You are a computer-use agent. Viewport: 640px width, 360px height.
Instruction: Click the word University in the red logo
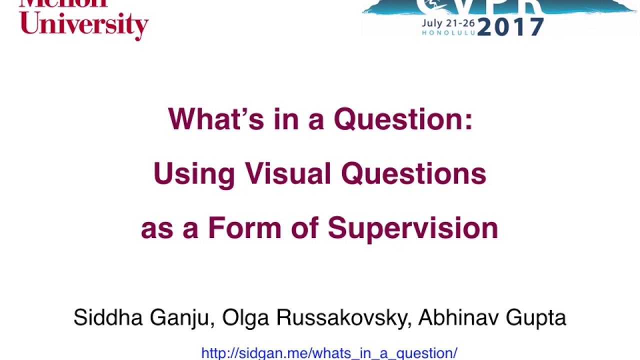(x=84, y=24)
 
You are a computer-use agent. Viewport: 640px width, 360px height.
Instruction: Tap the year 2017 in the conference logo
(x=510, y=27)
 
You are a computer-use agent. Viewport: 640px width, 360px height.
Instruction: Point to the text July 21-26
(x=448, y=23)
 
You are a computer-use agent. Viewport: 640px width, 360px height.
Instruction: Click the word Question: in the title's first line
(x=403, y=119)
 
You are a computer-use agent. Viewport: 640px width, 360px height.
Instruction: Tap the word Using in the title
(x=194, y=174)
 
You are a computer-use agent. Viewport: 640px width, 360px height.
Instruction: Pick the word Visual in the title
(x=288, y=174)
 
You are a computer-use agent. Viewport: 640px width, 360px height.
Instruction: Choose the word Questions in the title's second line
(x=413, y=174)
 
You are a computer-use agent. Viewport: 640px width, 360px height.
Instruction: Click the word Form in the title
(x=245, y=228)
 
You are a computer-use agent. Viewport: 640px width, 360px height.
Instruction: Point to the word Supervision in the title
(x=413, y=228)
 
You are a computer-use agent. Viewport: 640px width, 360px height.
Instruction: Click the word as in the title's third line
(x=157, y=228)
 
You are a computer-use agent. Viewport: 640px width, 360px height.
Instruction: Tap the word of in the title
(x=304, y=228)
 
